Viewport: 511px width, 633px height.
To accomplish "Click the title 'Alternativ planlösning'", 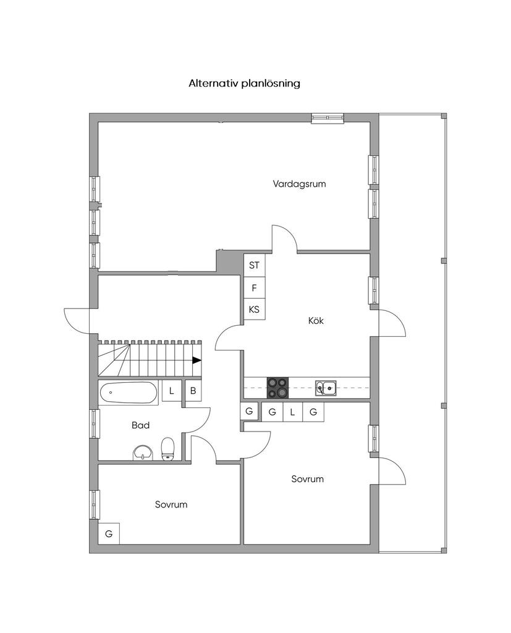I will tap(244, 83).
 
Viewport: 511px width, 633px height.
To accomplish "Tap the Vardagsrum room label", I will tap(299, 184).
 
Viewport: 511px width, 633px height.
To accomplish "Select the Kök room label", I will tap(316, 321).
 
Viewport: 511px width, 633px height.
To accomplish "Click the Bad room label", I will tap(141, 425).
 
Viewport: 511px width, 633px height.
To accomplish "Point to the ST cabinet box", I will tap(255, 265).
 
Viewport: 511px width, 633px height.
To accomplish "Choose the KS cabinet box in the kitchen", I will tap(255, 309).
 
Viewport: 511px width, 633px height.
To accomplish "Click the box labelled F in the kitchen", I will tap(255, 287).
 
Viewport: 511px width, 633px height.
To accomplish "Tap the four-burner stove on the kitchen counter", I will tap(277, 388).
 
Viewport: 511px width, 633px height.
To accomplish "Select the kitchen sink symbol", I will tap(326, 388).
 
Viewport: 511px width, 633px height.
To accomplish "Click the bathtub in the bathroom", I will tap(128, 393).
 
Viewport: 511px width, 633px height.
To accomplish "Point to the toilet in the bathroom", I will tap(167, 449).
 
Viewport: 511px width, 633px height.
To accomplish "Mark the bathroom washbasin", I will tap(143, 452).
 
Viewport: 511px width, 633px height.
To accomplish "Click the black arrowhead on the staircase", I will tap(196, 360).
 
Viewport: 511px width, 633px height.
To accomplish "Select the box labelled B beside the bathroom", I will tap(193, 391).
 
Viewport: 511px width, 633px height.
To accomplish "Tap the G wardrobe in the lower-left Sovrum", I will tap(109, 533).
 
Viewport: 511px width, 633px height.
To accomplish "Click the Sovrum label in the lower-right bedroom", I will tap(307, 479).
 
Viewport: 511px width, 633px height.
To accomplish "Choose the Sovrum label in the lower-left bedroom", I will tap(171, 504).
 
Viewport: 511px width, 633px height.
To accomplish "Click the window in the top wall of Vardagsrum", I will tap(327, 117).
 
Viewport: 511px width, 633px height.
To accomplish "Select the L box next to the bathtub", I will tap(171, 391).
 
